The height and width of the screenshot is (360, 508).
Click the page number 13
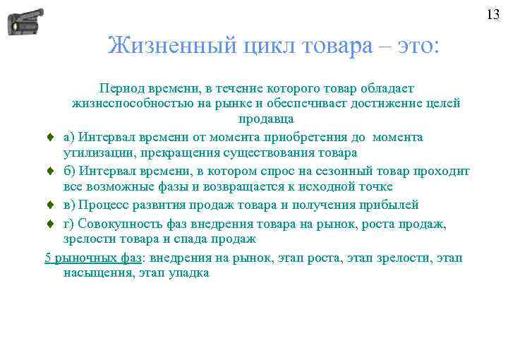[x=493, y=15]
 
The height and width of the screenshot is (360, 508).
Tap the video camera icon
[x=25, y=22]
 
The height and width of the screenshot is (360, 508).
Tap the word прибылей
[x=392, y=205]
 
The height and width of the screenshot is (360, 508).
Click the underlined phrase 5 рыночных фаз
[x=92, y=258]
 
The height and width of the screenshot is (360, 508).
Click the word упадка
[x=187, y=272]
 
